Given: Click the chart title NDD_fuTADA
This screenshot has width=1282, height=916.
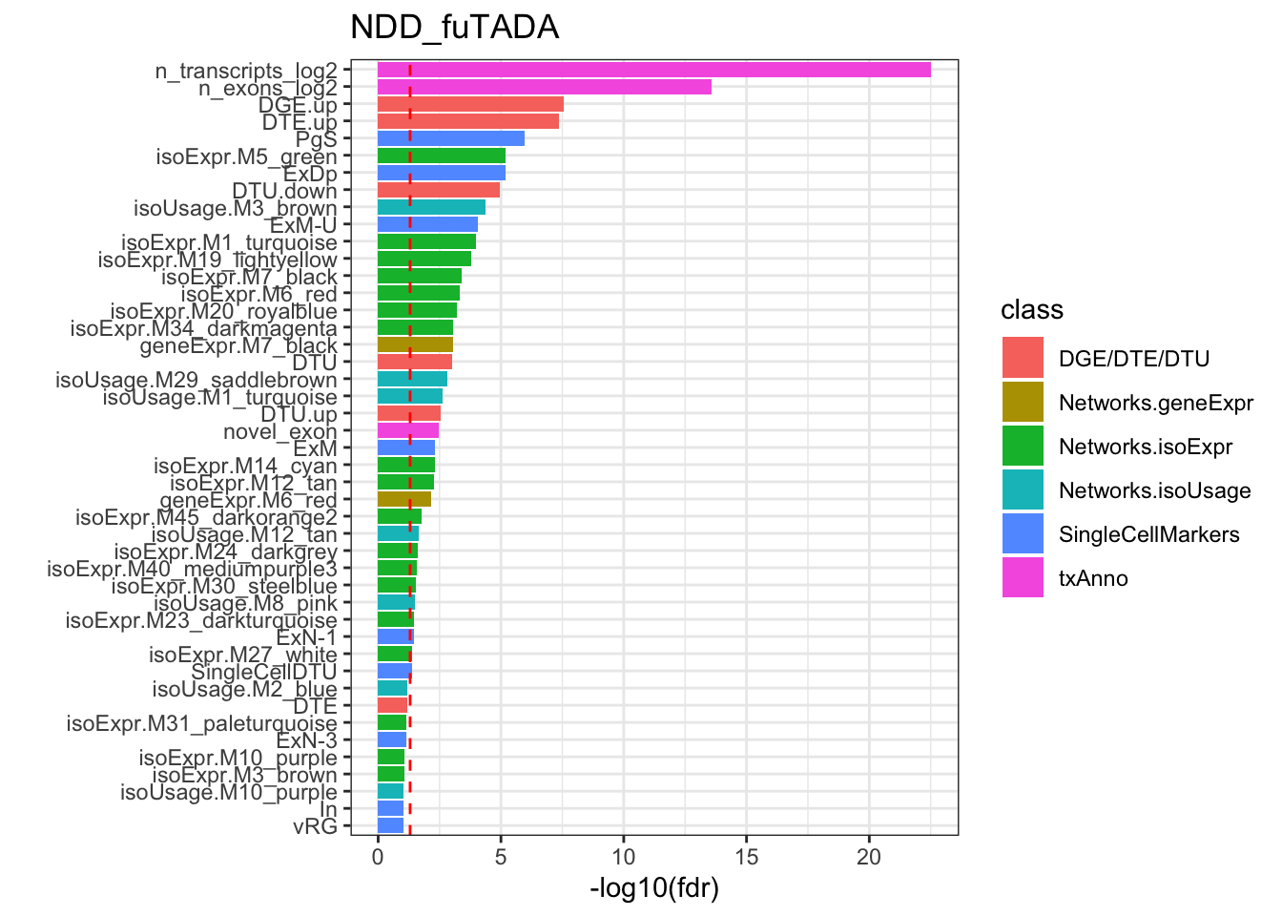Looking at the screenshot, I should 454,28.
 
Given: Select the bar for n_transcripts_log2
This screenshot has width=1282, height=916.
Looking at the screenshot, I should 653,70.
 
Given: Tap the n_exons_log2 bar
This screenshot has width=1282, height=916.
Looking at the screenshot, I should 544,87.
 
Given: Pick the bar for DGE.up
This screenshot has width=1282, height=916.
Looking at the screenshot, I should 470,104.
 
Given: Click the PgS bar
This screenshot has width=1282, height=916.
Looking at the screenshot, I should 450,138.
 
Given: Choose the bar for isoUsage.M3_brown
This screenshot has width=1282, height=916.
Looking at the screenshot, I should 431,207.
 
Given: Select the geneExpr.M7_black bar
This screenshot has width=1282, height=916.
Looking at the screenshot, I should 415,344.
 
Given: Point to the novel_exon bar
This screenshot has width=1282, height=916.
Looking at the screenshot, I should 407,430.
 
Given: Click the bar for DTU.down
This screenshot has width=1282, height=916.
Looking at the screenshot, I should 438,190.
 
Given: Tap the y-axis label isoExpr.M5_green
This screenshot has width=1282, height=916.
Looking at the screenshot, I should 246,156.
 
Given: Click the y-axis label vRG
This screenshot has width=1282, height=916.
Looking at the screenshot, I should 315,826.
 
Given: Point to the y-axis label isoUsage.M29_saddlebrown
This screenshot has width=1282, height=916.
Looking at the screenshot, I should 196,380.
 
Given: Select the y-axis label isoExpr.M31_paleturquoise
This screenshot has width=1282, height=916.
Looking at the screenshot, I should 201,723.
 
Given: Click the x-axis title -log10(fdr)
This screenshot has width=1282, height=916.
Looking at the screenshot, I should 654,889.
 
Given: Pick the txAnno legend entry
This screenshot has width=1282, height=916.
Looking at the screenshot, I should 1093,578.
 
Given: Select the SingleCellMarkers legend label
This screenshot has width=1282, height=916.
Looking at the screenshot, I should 1148,534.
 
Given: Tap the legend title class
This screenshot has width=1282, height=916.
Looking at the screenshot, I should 1031,310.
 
